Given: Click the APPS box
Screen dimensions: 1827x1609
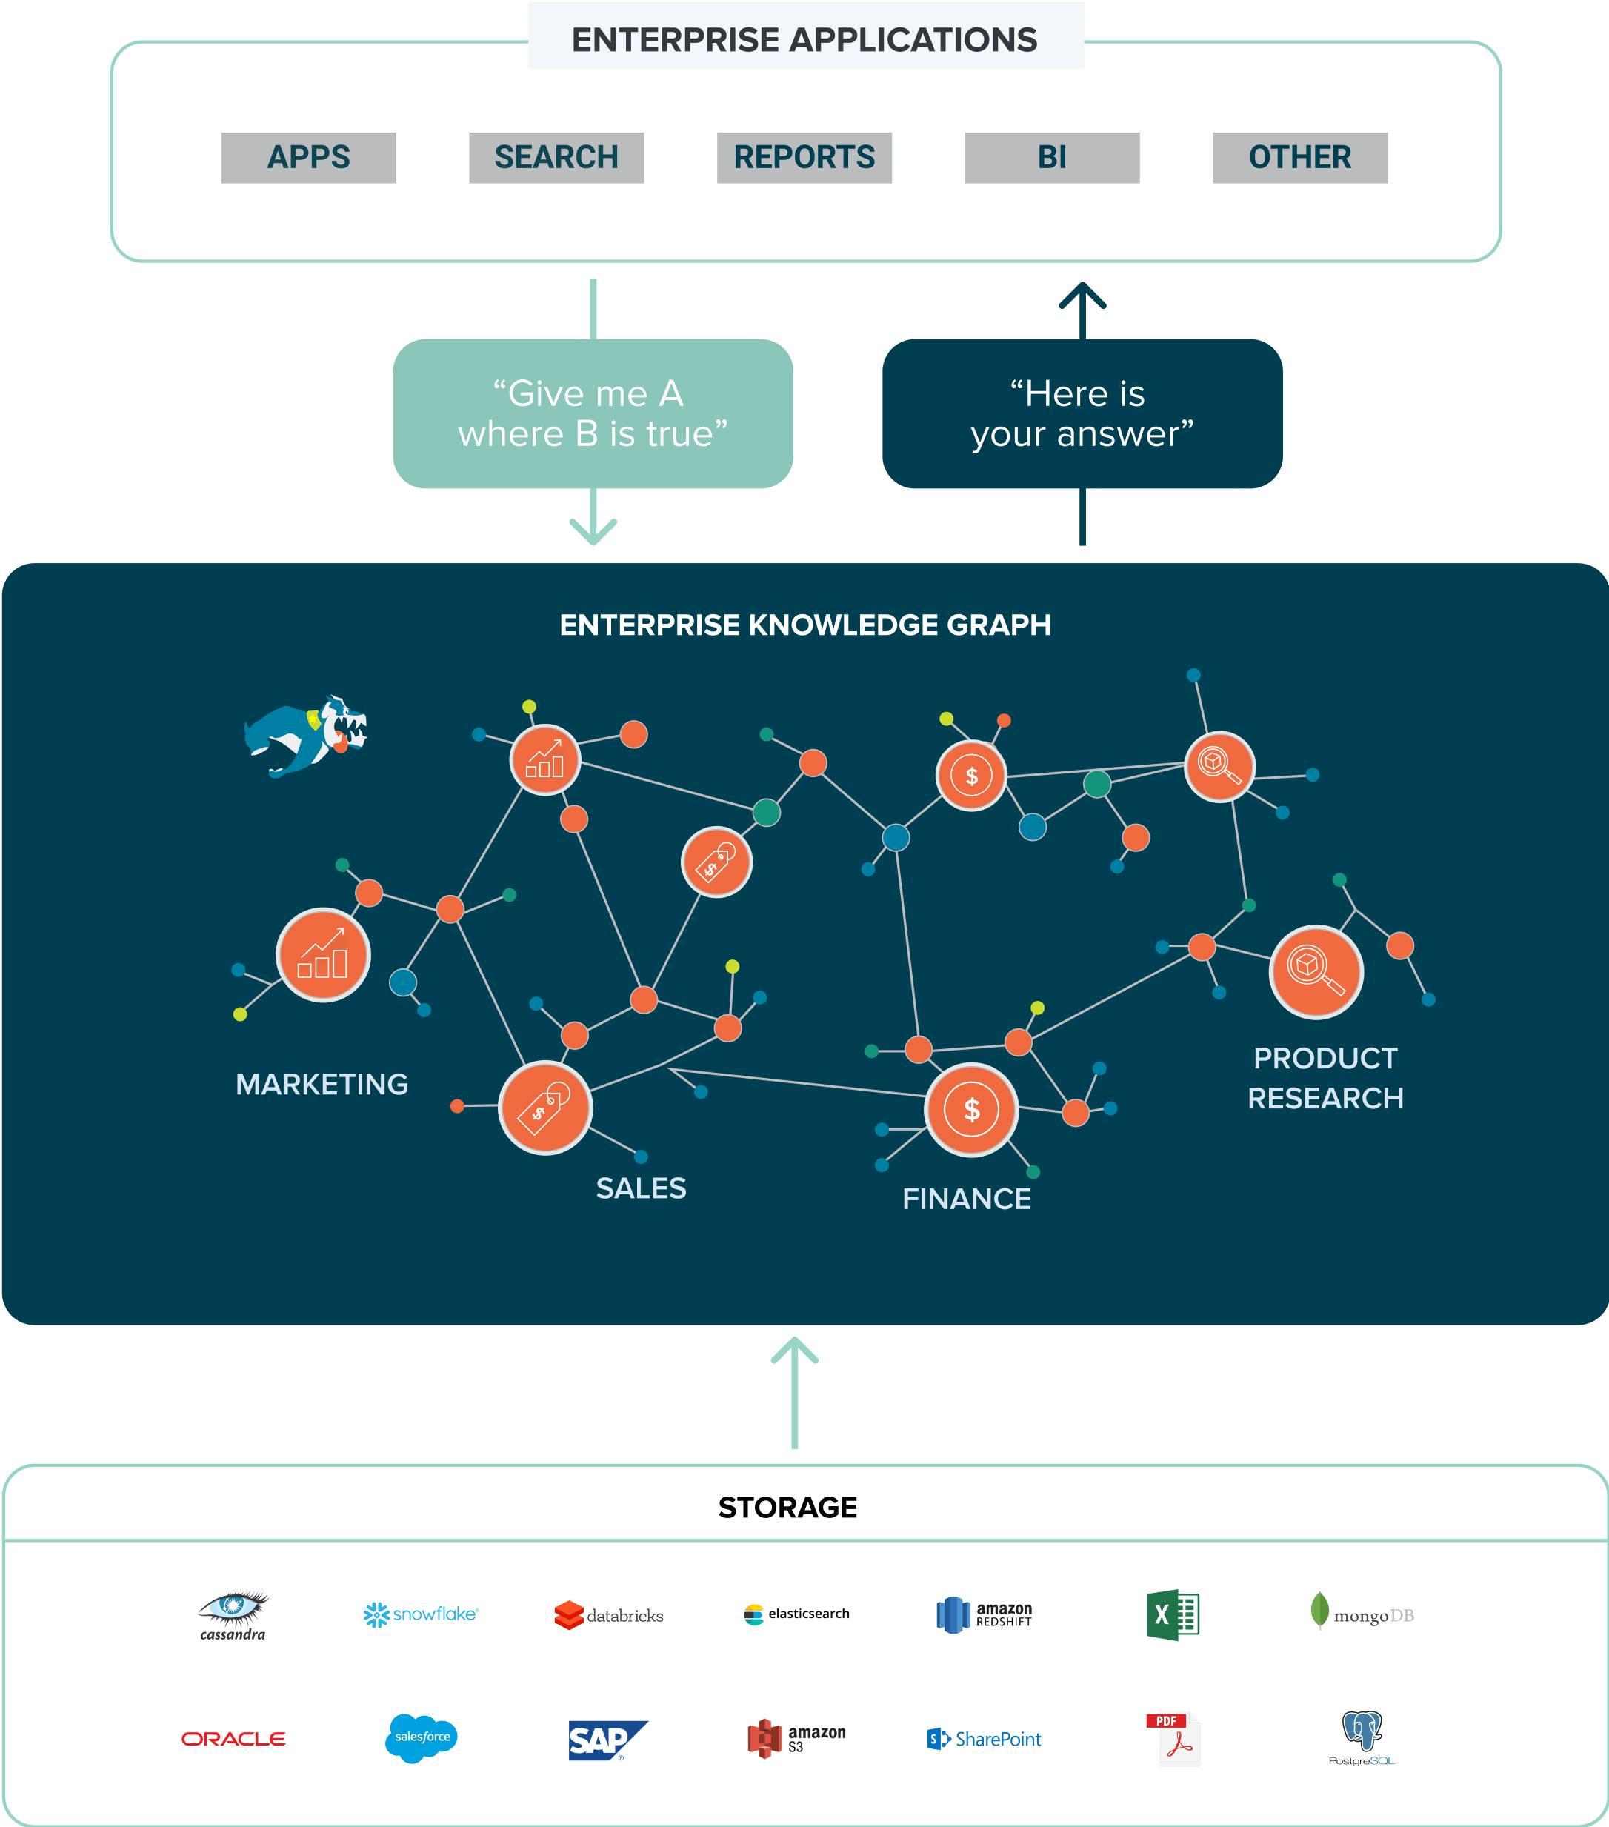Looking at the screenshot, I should (308, 157).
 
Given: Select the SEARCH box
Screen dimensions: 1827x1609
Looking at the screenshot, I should (556, 157).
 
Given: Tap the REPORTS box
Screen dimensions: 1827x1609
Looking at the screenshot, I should (804, 157).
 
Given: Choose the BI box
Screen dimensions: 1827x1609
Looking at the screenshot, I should (1051, 157).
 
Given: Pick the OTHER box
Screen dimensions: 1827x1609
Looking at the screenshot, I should (1299, 157).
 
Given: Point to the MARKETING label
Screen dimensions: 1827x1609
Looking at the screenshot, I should (322, 1084).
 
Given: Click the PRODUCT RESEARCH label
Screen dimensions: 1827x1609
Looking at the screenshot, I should (1325, 1078).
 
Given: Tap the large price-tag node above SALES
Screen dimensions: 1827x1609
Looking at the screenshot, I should (545, 1108).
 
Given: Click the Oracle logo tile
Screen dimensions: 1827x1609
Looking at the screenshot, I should (233, 1739).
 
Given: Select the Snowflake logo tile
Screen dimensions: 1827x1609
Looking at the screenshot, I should (421, 1614).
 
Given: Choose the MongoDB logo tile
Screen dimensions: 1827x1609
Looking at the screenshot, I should (1362, 1614).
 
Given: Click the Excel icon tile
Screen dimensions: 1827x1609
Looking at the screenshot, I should (1173, 1614).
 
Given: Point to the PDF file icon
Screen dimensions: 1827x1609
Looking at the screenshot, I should (1173, 1739).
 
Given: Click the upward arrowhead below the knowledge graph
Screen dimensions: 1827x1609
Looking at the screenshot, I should (795, 1350).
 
